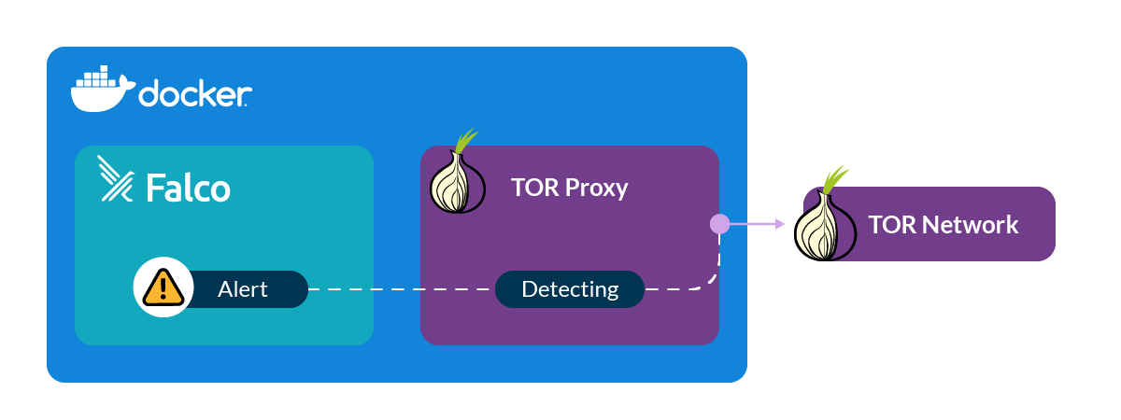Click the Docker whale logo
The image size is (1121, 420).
click(x=101, y=90)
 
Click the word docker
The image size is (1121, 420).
click(x=194, y=94)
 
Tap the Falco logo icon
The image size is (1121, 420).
click(x=118, y=181)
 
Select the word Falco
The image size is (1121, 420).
click(x=188, y=188)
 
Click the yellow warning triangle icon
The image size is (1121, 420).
click(x=163, y=288)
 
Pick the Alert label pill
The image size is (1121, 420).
click(x=243, y=289)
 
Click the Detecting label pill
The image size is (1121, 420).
click(x=570, y=289)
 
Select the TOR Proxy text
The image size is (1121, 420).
click(x=569, y=188)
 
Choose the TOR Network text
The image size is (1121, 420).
click(x=943, y=225)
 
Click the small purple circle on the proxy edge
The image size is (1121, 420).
click(x=719, y=224)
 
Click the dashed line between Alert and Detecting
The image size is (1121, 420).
click(x=402, y=290)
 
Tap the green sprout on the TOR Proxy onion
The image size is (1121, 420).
click(x=463, y=141)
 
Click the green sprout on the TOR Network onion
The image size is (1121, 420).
click(x=834, y=178)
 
